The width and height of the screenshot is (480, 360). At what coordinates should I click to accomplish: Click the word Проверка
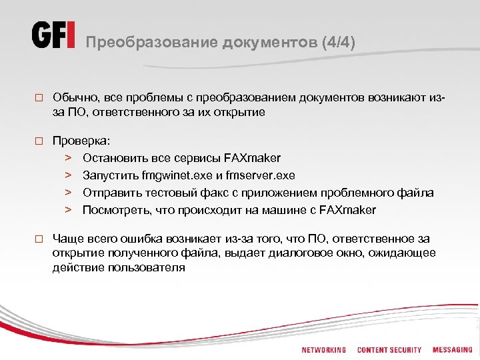[82, 141]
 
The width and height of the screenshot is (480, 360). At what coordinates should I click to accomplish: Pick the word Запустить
[111, 175]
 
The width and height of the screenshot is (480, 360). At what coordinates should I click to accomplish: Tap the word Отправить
[111, 193]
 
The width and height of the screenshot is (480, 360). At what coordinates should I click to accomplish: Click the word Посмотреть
[114, 210]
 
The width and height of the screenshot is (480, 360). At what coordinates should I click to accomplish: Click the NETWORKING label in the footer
[323, 350]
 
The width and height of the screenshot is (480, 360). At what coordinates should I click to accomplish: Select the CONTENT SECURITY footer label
[389, 350]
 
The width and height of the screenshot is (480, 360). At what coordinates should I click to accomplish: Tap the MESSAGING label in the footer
[452, 350]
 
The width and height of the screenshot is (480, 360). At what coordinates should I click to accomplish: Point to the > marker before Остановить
[68, 158]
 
